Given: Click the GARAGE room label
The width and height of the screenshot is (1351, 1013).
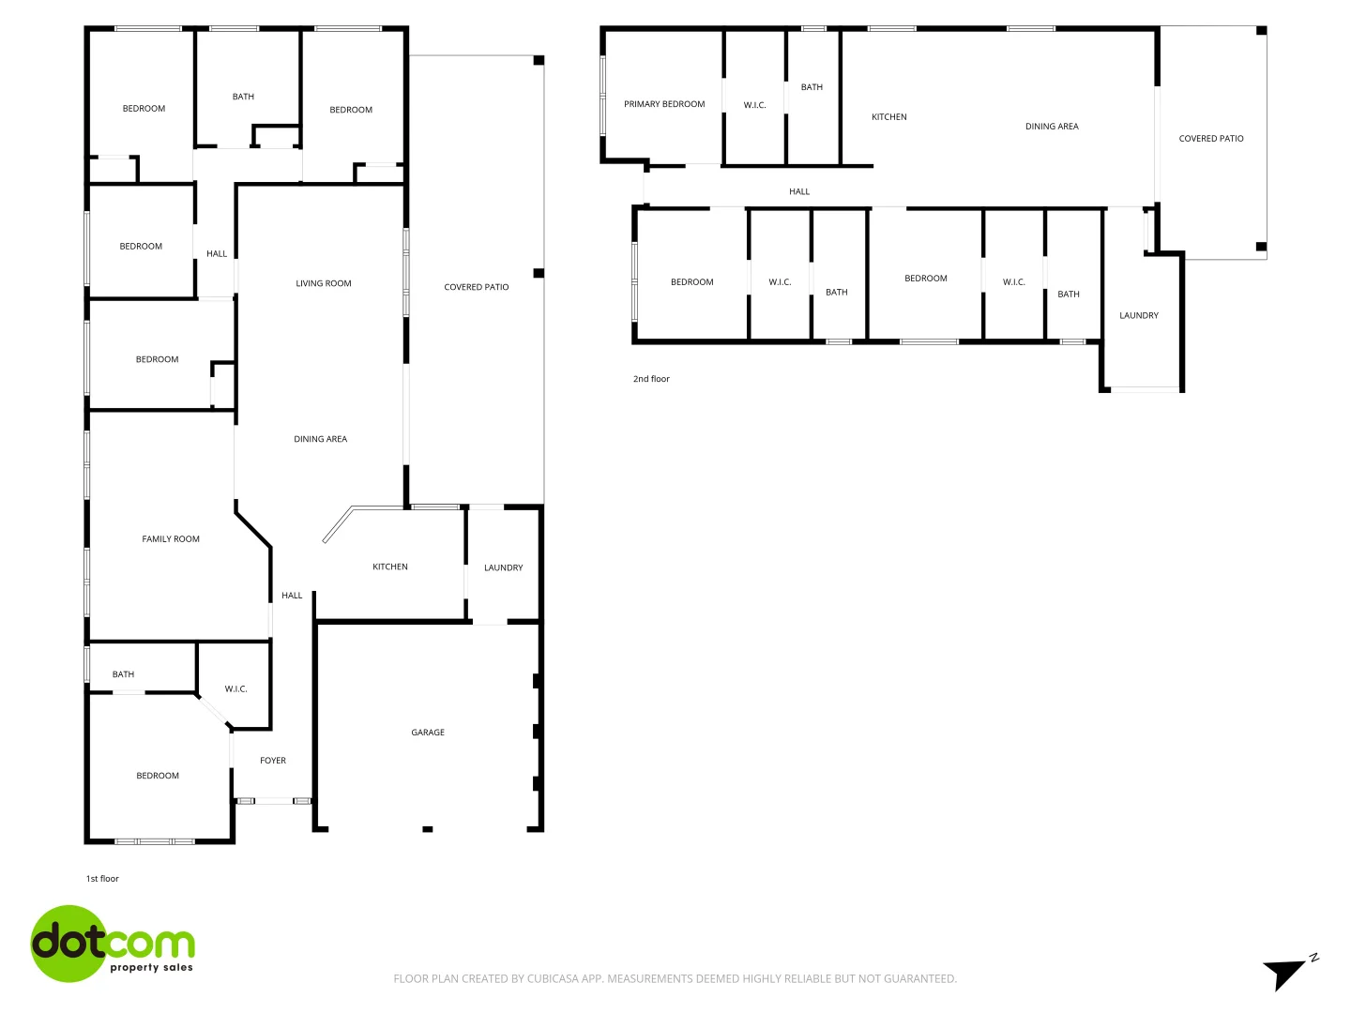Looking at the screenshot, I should (x=428, y=733).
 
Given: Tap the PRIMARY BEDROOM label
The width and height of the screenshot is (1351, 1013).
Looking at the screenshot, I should (x=664, y=104).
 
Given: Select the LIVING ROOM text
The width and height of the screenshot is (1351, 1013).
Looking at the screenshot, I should (x=324, y=283).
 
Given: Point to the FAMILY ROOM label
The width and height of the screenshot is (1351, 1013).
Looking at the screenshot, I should (x=171, y=539).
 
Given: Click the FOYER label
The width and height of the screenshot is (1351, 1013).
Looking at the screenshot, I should (x=273, y=761).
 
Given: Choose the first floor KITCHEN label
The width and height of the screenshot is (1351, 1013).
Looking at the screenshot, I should (x=390, y=567).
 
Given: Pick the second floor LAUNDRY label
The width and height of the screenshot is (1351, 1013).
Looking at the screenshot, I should (x=1139, y=316).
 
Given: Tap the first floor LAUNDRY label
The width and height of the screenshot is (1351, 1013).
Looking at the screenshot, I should (x=504, y=567).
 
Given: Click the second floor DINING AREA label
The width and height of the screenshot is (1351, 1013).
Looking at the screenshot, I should (x=1052, y=127).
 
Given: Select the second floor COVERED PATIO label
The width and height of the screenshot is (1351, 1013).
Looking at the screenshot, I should (x=1211, y=139).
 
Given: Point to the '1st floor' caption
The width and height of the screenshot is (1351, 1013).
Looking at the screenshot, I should (x=102, y=879).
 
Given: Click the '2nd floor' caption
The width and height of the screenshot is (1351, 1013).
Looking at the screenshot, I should (x=651, y=379).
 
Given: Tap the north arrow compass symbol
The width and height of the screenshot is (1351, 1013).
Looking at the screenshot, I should (x=1287, y=973).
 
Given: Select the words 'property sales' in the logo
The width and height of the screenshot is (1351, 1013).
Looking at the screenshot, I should (x=151, y=967).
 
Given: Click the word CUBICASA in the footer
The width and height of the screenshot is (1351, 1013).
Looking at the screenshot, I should (x=553, y=978).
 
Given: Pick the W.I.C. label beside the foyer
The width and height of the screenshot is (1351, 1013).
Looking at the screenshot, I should (x=236, y=689).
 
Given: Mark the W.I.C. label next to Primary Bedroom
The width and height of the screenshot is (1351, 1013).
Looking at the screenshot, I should (x=755, y=105).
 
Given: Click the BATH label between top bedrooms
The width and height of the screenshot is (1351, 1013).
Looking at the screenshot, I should (x=243, y=97).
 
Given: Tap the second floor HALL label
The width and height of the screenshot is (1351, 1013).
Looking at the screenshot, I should (x=799, y=191).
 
